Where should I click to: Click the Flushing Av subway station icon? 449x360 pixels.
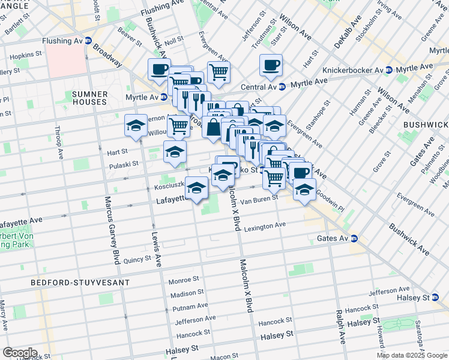(88, 41)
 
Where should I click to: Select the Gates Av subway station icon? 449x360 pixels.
(354, 239)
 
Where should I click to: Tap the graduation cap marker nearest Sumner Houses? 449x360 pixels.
(136, 125)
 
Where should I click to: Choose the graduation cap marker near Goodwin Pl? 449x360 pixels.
(305, 190)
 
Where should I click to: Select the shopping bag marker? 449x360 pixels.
(213, 128)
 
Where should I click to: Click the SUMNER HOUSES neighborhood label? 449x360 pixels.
(89, 98)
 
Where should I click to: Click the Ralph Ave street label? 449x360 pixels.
(340, 325)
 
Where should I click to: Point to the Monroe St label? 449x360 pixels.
(183, 280)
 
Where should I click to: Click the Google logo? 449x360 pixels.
(19, 352)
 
